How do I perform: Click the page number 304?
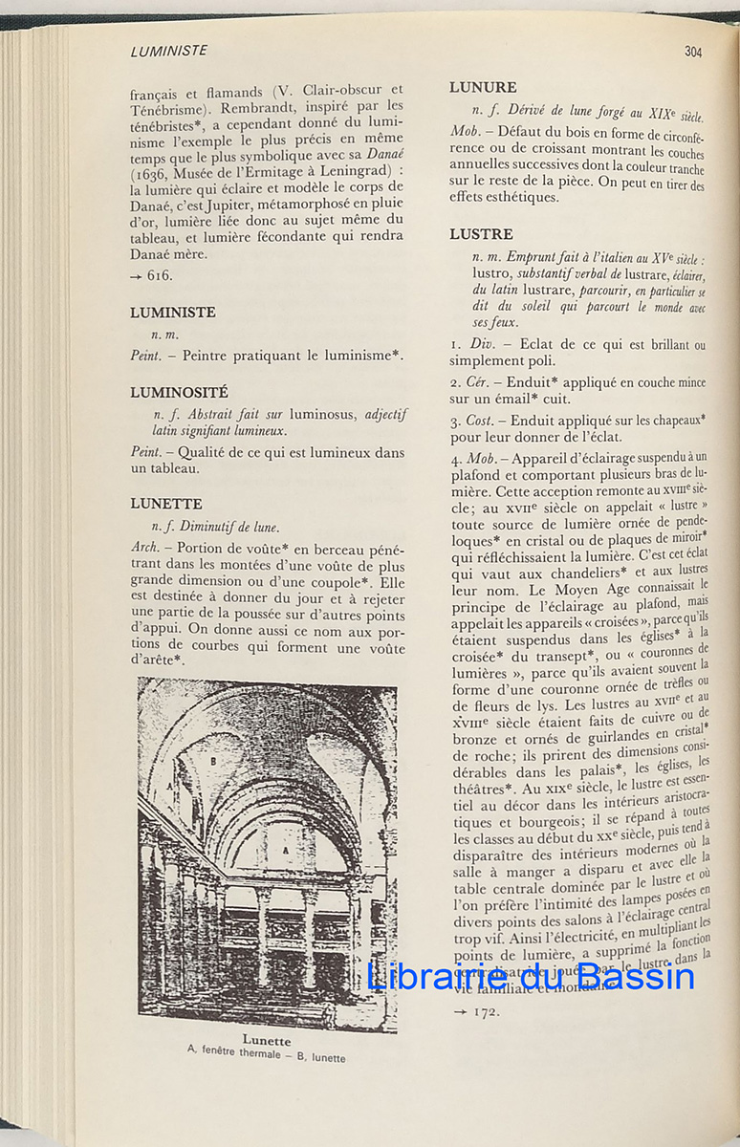693,52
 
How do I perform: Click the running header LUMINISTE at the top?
169,51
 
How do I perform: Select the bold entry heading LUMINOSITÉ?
180,392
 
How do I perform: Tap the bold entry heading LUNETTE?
166,503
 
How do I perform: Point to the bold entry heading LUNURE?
483,88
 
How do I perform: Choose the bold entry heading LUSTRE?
481,234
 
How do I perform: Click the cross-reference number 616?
160,275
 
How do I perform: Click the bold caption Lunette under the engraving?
267,1040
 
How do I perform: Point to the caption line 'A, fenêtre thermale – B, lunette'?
267,1055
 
